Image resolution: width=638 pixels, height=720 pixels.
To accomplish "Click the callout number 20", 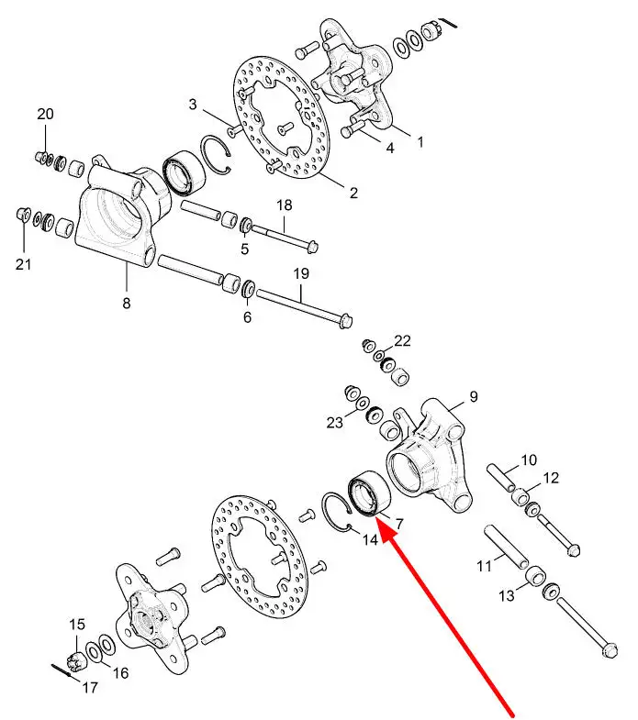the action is point(45,114).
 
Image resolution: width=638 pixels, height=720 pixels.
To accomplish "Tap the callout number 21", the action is point(24,264).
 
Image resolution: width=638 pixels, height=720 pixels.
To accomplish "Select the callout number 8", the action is point(127,303).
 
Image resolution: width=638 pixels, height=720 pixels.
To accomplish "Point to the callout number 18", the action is point(285,205).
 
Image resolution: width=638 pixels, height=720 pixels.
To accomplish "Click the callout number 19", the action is point(301,273).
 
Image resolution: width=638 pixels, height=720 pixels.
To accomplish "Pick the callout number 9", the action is point(474,396).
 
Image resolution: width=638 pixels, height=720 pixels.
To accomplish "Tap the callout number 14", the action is point(370,539).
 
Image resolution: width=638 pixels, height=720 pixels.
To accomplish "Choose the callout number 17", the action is point(90,687).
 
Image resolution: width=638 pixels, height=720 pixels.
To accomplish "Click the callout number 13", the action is point(507,595).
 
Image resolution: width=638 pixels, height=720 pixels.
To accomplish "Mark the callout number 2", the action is point(353,193).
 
